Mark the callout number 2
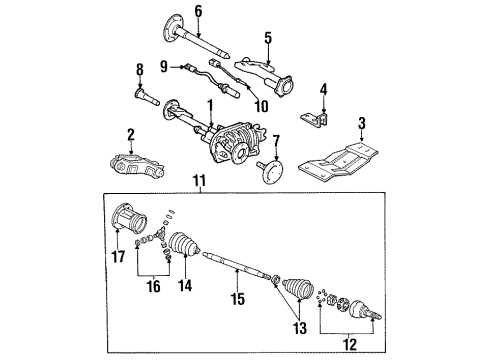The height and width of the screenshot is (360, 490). coord(131,133)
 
